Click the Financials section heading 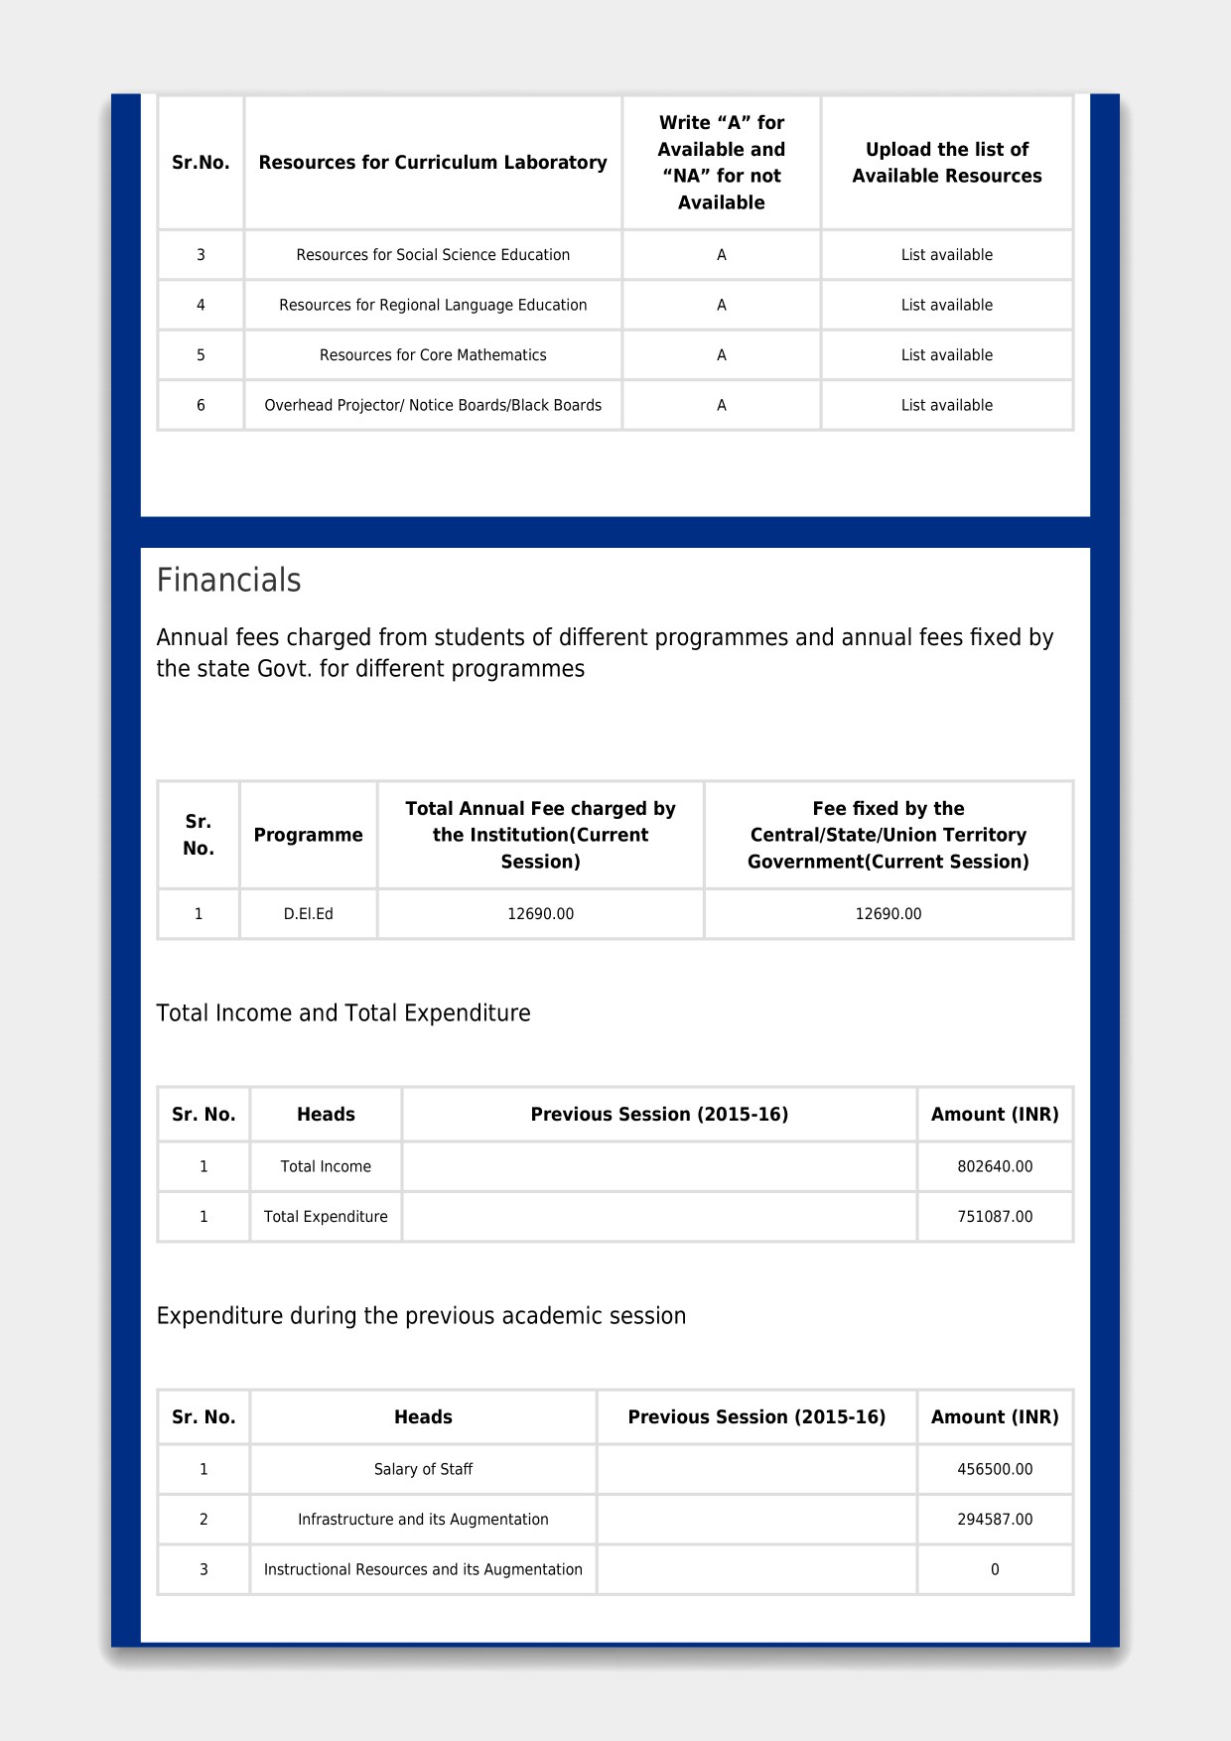point(228,580)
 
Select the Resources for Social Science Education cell point(433,255)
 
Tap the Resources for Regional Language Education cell point(433,305)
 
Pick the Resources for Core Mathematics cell point(433,355)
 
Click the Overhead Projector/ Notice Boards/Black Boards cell point(433,405)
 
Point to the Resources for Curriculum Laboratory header point(433,163)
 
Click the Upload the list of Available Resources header point(946,163)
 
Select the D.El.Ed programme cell point(308,914)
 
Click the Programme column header point(308,835)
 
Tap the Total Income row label point(326,1166)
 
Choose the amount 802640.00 point(995,1166)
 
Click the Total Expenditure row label point(326,1217)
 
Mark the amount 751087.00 point(995,1217)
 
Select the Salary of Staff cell point(423,1469)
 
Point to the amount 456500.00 point(995,1469)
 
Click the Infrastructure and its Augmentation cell point(423,1520)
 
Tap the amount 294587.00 point(995,1520)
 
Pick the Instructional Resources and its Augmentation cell point(423,1569)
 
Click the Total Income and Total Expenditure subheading point(343,1013)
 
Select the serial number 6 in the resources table point(201,405)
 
